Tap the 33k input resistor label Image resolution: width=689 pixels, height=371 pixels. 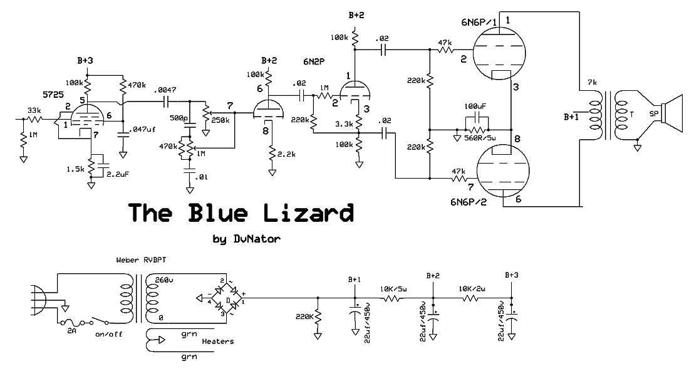point(34,110)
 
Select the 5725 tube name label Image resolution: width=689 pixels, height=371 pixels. point(53,94)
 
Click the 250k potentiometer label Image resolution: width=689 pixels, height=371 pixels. point(220,120)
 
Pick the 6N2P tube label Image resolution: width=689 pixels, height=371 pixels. point(314,62)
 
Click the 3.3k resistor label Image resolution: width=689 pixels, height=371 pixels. point(344,124)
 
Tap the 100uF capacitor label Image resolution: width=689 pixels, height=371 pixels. point(475,107)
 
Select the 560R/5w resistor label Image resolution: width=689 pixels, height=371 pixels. point(480,138)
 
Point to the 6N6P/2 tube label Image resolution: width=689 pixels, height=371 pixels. point(469,202)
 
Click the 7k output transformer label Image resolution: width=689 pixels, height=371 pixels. point(593,83)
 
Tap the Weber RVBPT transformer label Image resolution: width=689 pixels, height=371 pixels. point(141,260)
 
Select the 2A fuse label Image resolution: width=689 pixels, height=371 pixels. point(71,330)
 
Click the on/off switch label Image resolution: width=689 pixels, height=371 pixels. point(108,334)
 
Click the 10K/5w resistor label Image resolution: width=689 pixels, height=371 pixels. point(393,289)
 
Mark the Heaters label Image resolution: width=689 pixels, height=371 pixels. point(217,341)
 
